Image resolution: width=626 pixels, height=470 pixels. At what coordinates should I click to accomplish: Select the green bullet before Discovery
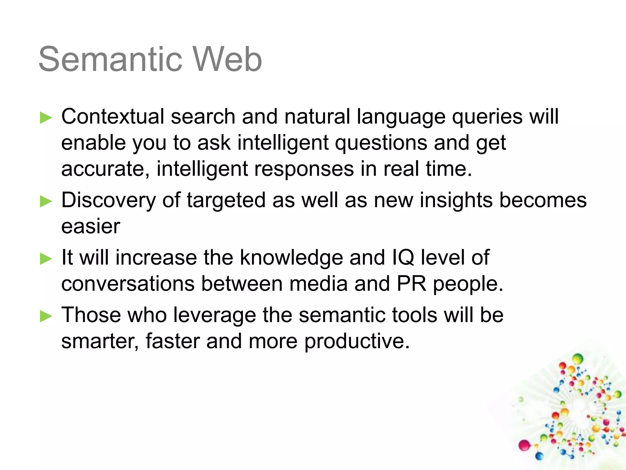tap(46, 202)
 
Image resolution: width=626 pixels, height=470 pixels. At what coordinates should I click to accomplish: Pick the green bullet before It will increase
tap(46, 259)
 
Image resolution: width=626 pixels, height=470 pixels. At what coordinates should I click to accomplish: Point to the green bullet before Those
tap(46, 316)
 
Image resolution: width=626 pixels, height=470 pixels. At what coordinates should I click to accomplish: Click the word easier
tap(90, 227)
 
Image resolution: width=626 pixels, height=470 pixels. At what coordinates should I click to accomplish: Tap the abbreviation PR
tap(411, 284)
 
